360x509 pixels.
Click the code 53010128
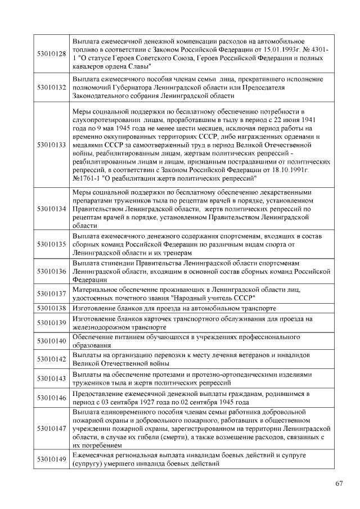point(52,54)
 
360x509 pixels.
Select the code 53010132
point(52,88)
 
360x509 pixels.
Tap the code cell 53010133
point(52,145)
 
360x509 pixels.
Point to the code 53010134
point(52,209)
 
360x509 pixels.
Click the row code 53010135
point(52,245)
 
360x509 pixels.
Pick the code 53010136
point(52,271)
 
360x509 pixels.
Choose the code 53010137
point(52,294)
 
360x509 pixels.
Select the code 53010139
point(52,323)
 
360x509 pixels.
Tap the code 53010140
point(52,341)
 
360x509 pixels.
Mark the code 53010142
point(52,359)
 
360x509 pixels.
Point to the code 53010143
point(52,378)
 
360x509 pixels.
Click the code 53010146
point(52,398)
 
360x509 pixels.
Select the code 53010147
point(52,428)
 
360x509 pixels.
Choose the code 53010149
point(52,460)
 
